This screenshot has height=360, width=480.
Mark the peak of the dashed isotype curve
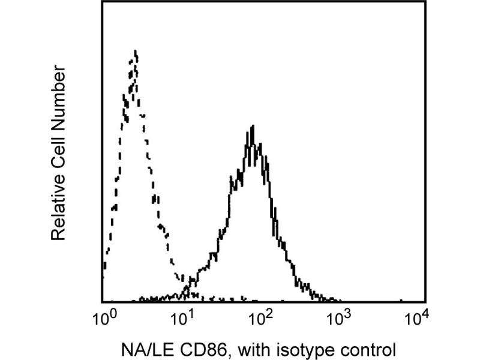point(136,52)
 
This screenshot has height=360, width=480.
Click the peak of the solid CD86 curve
point(253,127)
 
